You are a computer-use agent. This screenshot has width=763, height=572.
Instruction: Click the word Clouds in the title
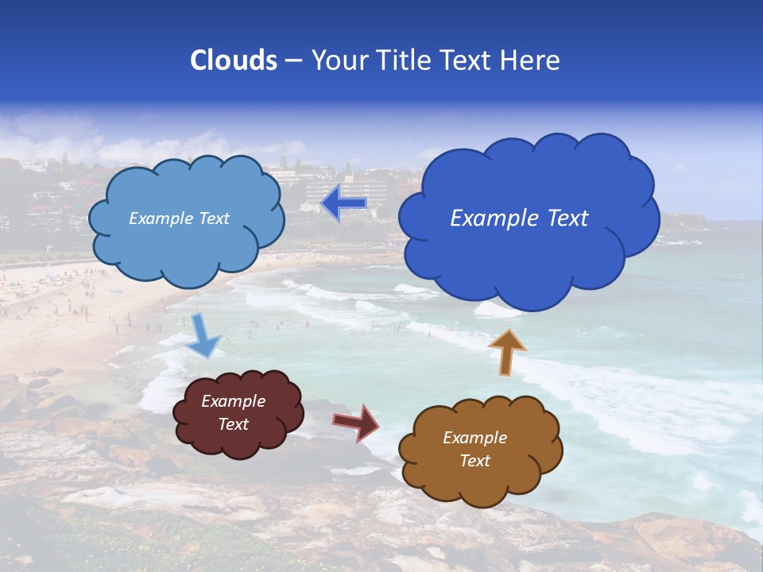tap(234, 60)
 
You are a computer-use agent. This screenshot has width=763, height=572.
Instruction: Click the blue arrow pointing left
tap(344, 203)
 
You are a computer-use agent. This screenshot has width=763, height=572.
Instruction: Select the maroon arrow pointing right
tap(356, 422)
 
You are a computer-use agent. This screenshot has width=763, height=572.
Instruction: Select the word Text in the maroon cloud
tap(233, 425)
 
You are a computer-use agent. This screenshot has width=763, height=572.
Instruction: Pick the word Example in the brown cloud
tap(474, 438)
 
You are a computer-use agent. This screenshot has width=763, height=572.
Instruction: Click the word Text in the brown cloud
tap(474, 461)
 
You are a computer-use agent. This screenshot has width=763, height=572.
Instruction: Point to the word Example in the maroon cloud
tap(233, 402)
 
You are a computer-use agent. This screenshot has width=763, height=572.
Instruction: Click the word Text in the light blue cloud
tap(214, 218)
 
